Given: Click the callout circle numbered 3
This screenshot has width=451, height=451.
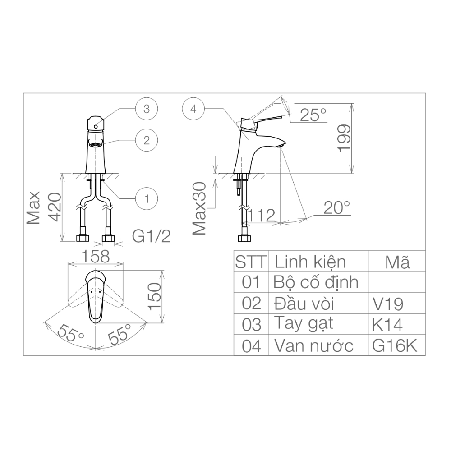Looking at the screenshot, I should pyautogui.click(x=147, y=109).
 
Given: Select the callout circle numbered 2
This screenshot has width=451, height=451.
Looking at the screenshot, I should pyautogui.click(x=147, y=140).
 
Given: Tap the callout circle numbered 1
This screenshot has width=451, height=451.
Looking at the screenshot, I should pyautogui.click(x=147, y=198).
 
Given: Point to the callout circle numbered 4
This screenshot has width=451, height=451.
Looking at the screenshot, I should pyautogui.click(x=193, y=109).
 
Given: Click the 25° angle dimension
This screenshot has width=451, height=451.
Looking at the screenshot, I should pyautogui.click(x=313, y=115).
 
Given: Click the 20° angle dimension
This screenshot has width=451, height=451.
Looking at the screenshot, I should pyautogui.click(x=336, y=208).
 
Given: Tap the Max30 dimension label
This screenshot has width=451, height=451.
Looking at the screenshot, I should pyautogui.click(x=199, y=208).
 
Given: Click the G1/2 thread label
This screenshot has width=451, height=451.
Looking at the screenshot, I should pyautogui.click(x=152, y=236).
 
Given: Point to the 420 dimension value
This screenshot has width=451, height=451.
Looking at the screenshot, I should pyautogui.click(x=54, y=205).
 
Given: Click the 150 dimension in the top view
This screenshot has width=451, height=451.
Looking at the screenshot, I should pyautogui.click(x=155, y=296).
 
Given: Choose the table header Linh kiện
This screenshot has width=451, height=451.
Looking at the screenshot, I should pyautogui.click(x=310, y=262).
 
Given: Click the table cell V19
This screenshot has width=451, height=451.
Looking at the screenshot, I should pyautogui.click(x=387, y=304).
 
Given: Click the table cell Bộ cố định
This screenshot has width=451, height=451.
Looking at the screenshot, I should pyautogui.click(x=316, y=282).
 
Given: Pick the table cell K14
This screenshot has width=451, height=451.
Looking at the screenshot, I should pyautogui.click(x=387, y=324).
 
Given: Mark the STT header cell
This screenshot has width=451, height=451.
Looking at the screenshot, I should pyautogui.click(x=251, y=262).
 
